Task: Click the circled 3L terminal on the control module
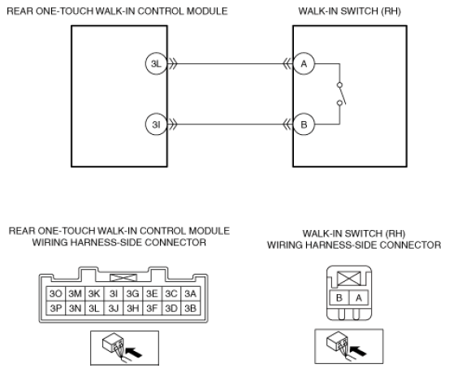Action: coord(156,63)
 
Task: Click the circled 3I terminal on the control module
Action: coord(156,124)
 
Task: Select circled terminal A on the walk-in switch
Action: coord(304,63)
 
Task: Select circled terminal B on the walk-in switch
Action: coord(304,124)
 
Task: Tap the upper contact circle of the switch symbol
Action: coord(339,85)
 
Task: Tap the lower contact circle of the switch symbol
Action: coord(339,103)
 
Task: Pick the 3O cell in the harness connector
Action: coord(56,293)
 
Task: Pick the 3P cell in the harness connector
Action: coord(56,308)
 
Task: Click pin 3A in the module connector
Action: coord(191,293)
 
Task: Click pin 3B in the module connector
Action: coord(191,308)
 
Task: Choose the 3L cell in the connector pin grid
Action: coord(94,308)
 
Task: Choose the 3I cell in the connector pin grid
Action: coord(114,293)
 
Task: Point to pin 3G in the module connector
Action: coord(132,293)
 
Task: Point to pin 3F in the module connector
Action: coord(152,308)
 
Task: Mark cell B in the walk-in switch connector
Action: coord(339,298)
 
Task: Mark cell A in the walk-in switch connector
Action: coord(359,298)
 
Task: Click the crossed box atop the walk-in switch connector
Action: coord(349,279)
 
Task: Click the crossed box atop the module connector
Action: coord(123,278)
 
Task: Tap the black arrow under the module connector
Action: coord(134,353)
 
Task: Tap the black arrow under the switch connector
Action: coord(358,351)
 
